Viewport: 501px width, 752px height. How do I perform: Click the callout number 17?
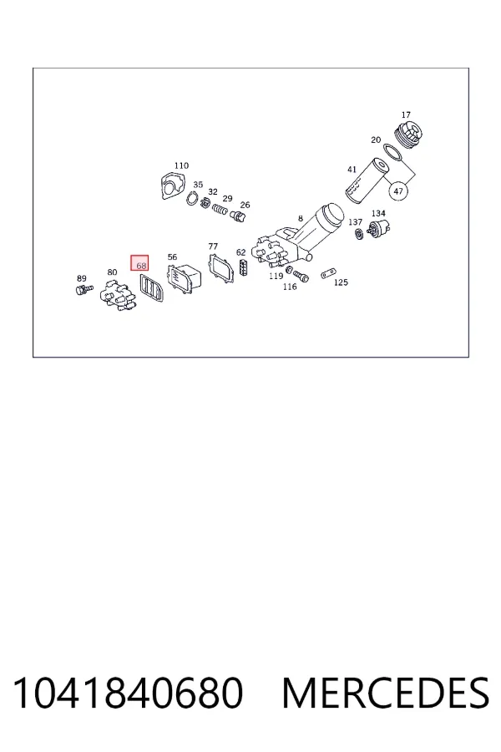tap(406, 115)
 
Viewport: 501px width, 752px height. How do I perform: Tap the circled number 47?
tap(398, 191)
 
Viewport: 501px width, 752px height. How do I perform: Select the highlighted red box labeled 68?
tap(139, 263)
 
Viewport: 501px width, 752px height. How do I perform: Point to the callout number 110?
tap(181, 166)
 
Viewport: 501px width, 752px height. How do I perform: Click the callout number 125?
tap(341, 282)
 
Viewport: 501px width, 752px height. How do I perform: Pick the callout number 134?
tap(378, 213)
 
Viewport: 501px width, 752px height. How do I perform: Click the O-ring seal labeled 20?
tap(394, 153)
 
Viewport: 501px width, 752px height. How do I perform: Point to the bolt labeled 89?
tap(84, 289)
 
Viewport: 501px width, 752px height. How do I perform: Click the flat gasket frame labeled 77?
tap(220, 267)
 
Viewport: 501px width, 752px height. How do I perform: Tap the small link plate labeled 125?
tap(327, 274)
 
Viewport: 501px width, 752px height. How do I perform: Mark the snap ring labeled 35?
tap(192, 198)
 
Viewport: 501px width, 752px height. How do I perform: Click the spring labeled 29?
tap(220, 209)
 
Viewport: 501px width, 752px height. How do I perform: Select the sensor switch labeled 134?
tap(379, 228)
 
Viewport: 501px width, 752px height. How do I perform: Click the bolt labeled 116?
tap(301, 276)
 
